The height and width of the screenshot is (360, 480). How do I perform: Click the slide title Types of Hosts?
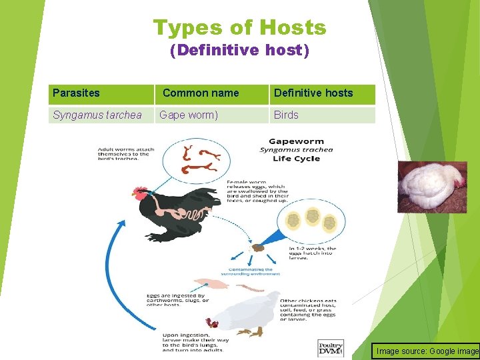point(239,28)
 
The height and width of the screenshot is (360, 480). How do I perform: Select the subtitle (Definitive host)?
point(239,51)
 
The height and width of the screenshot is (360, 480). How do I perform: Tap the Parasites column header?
point(76,93)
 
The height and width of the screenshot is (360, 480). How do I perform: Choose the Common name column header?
point(200,93)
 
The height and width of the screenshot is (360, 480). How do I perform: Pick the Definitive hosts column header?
point(313,93)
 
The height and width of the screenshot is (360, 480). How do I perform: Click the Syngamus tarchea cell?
point(97,115)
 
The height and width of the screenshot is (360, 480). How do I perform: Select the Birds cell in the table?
point(286,115)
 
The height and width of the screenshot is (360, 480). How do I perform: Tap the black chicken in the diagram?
point(177,213)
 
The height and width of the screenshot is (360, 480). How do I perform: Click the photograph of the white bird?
point(432,187)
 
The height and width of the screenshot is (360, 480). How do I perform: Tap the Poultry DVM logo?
point(331,348)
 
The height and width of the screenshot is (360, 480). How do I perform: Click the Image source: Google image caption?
point(427,351)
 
